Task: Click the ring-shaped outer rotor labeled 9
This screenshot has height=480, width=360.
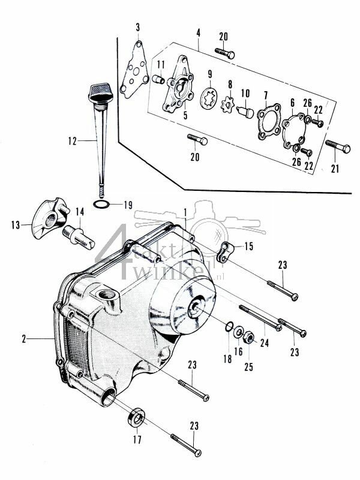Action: click(x=209, y=95)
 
